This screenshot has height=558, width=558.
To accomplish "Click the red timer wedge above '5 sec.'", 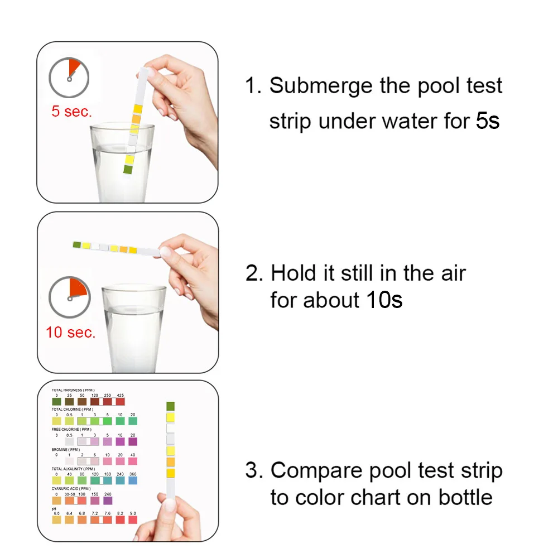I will [x=74, y=68].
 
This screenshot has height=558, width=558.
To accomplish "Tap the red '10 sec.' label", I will [x=71, y=332].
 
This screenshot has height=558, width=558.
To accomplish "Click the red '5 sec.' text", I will [x=71, y=111].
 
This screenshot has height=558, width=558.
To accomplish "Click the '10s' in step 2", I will [x=384, y=300].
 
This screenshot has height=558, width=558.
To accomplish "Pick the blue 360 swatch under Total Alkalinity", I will [x=133, y=480].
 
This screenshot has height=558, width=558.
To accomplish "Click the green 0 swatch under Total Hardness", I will [x=56, y=401].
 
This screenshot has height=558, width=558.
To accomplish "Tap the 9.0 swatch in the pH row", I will [x=133, y=519].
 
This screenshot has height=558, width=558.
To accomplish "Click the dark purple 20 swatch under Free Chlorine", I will [x=133, y=441].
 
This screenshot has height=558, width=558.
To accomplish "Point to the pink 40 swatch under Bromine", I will [x=133, y=460].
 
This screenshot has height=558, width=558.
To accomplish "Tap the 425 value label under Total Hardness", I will [x=120, y=395].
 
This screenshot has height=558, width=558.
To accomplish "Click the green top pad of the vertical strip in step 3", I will [x=171, y=406].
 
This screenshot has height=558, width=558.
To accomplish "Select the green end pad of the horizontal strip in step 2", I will [x=77, y=244].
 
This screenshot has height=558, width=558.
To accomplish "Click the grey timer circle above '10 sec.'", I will [x=69, y=297].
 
